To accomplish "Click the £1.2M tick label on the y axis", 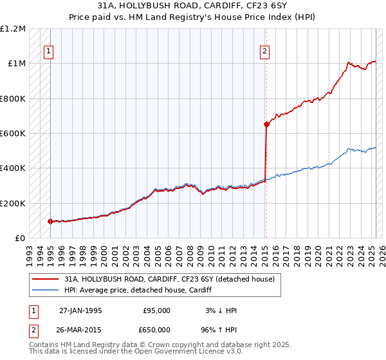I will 13,29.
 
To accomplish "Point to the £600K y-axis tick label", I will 13,134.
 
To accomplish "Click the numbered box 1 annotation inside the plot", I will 50,53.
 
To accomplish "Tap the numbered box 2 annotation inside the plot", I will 265,53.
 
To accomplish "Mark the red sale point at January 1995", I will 51,221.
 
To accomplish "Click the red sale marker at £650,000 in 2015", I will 266,125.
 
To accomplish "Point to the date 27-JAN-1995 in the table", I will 80,310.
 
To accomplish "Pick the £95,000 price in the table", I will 156,310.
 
